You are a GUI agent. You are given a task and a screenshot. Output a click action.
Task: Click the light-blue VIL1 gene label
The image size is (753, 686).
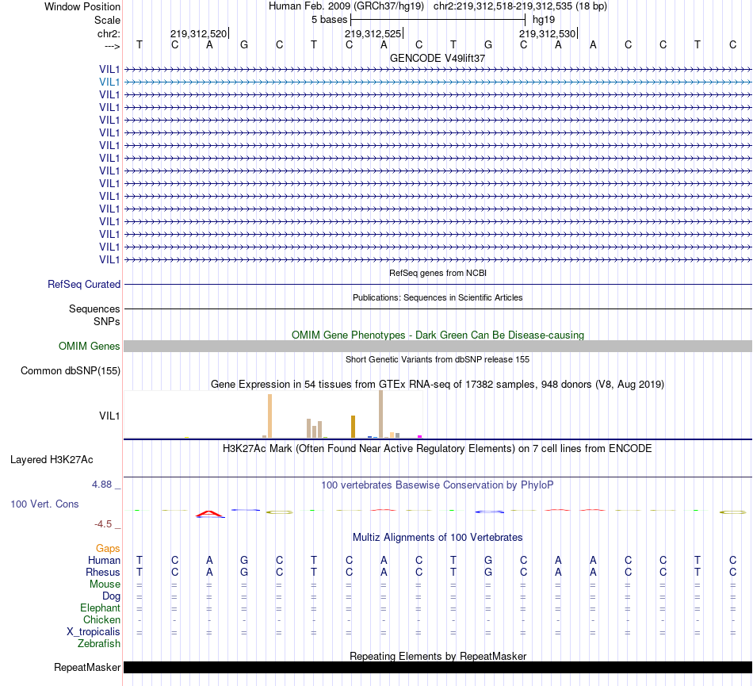(109, 82)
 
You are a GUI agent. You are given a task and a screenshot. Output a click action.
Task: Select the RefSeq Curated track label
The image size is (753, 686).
(84, 284)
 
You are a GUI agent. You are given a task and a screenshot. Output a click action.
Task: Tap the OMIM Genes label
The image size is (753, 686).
(90, 346)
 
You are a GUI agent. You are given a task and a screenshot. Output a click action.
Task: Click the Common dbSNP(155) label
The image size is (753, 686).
(71, 370)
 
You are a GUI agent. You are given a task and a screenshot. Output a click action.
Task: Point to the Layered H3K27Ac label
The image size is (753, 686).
(52, 459)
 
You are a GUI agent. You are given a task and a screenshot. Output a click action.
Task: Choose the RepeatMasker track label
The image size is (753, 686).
(86, 668)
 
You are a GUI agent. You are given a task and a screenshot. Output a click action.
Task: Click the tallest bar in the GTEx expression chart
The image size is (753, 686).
(381, 414)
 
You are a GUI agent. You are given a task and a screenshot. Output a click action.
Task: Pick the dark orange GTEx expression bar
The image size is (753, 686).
(353, 427)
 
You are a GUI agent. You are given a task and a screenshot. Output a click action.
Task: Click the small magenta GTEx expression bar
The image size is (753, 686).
(419, 435)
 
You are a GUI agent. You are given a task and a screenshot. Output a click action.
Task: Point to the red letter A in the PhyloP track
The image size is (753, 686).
(210, 514)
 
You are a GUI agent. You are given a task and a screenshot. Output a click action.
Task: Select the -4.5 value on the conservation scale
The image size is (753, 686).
(106, 523)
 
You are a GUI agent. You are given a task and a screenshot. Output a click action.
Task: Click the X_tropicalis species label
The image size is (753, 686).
(94, 632)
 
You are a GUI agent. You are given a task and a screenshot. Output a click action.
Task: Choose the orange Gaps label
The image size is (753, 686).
(108, 548)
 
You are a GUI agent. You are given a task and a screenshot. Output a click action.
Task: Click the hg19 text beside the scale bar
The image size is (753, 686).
(544, 18)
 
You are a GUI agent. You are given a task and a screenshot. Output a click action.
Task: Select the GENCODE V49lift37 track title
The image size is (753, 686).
(438, 58)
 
